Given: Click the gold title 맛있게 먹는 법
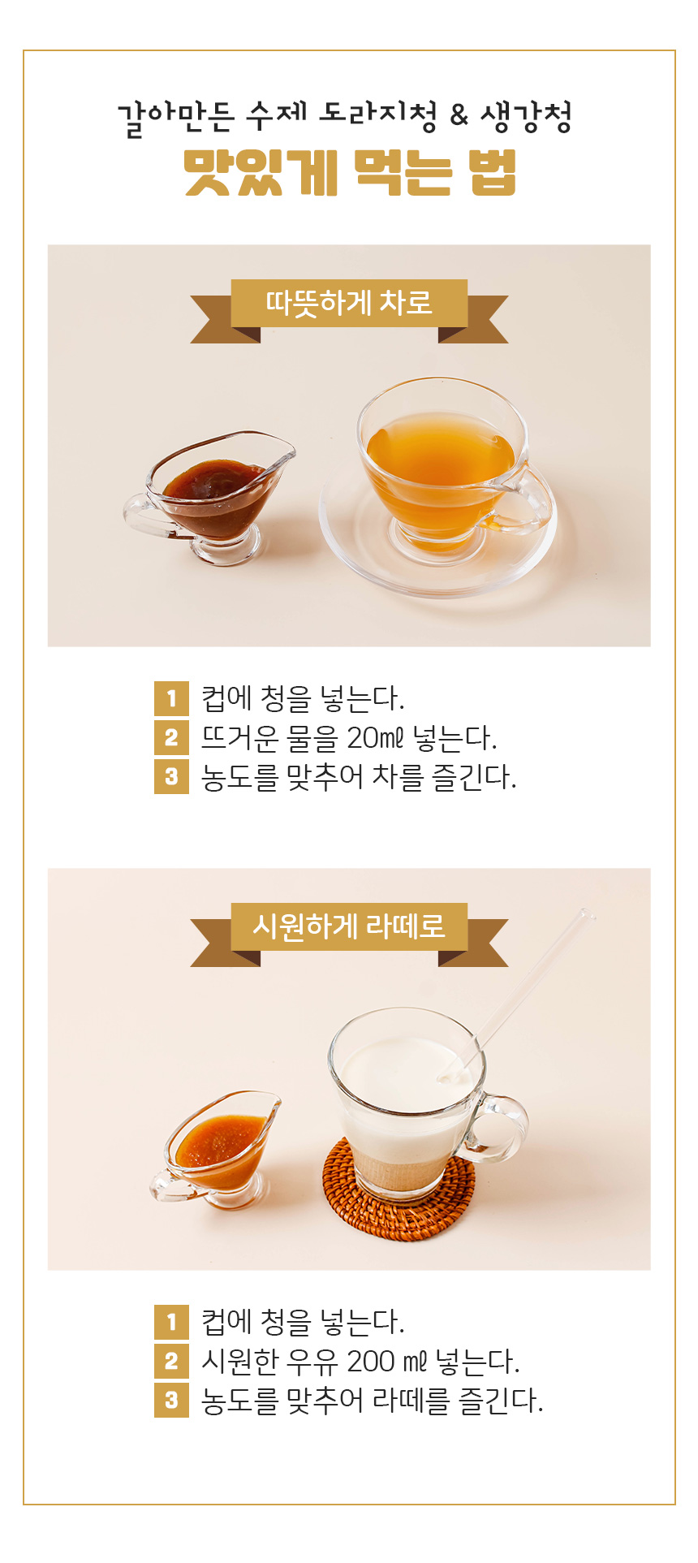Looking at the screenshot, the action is [x=350, y=172].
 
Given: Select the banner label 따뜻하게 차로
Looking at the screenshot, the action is [x=349, y=303].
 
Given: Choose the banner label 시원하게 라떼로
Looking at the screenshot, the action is [x=349, y=926].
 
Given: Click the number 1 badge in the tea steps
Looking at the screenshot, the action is [x=171, y=698].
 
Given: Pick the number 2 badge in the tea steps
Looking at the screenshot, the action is [x=171, y=737].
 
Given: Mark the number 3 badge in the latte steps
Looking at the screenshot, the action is [x=171, y=1400].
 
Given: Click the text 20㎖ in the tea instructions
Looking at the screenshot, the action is [x=375, y=737].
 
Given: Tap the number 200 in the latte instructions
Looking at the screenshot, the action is [x=371, y=1361].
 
